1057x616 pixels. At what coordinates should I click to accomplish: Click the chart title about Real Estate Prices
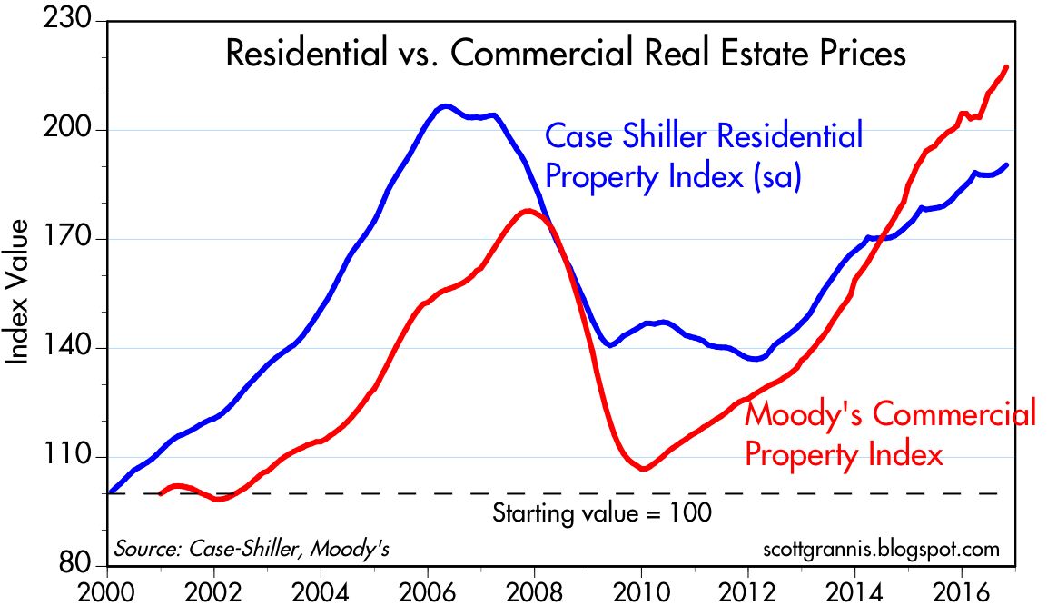(565, 54)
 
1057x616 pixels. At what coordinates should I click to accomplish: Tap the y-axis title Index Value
(19, 292)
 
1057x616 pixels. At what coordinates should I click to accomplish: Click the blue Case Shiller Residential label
(703, 156)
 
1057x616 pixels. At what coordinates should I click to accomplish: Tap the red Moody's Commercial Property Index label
(889, 434)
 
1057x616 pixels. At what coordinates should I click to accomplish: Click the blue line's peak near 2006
(444, 106)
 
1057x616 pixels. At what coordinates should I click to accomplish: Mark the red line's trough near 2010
(642, 469)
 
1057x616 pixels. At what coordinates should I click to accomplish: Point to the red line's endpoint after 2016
(1006, 66)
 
